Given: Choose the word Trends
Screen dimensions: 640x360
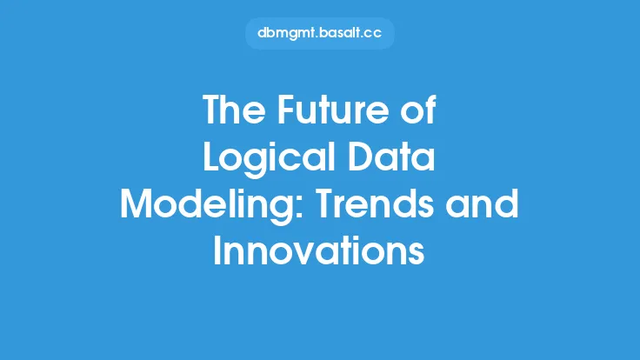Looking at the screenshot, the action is (375, 203).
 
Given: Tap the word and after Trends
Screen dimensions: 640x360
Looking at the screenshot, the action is (483, 203).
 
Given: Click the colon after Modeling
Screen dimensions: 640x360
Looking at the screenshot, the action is (300, 208).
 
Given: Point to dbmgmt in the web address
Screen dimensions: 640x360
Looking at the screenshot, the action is (287, 33).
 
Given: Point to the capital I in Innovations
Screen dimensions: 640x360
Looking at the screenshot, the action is (217, 250).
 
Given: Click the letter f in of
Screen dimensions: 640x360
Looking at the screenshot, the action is (430, 109).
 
